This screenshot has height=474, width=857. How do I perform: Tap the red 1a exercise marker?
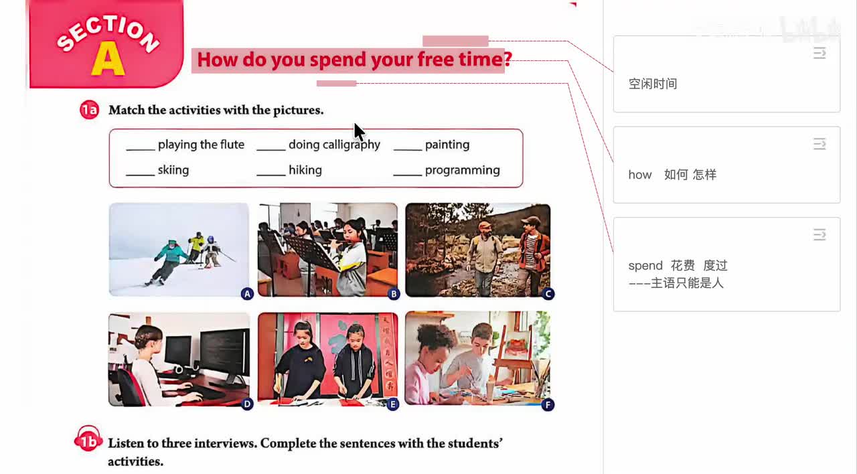coord(89,110)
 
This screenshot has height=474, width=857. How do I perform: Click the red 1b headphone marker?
coord(88,439)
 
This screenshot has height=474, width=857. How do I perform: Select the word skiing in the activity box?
coord(173,170)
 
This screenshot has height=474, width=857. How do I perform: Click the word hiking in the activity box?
coord(305,170)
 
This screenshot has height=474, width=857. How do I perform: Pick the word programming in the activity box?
coord(462,170)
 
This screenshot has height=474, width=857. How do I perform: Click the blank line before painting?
coord(408,149)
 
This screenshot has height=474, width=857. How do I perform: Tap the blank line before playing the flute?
coord(141,149)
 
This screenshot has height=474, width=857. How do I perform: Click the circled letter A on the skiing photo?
coord(247,294)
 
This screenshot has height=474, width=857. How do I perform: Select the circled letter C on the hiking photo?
coord(548,294)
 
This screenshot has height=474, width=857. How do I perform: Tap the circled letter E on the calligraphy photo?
coord(392,404)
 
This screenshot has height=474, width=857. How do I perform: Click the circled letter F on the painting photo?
coord(548,405)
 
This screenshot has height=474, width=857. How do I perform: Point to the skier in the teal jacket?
coord(168,261)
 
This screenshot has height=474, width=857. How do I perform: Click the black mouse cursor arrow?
coord(359,132)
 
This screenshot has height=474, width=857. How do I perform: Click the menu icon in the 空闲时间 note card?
coord(819,53)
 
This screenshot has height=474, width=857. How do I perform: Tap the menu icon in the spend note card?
coord(819,234)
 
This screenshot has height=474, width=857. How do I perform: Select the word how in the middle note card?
coord(639,175)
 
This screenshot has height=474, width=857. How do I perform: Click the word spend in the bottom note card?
coord(645,266)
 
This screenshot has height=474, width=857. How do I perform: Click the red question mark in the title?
coord(508,60)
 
